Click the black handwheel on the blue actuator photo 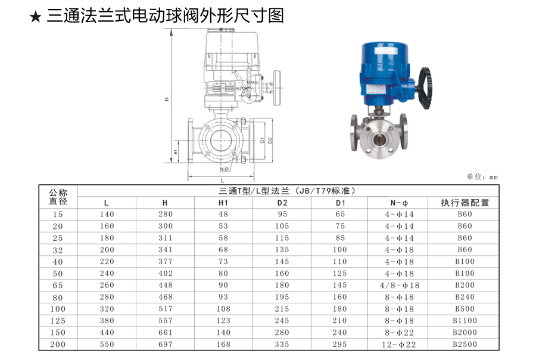pyautogui.click(x=425, y=88)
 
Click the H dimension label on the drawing pyautogui.click(x=167, y=100)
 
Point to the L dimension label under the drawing pyautogui.click(x=223, y=181)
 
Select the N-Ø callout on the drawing pyautogui.click(x=224, y=169)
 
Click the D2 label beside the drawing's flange pyautogui.click(x=270, y=140)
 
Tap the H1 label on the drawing pyautogui.click(x=176, y=151)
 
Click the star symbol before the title pyautogui.click(x=35, y=17)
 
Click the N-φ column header pyautogui.click(x=399, y=203)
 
